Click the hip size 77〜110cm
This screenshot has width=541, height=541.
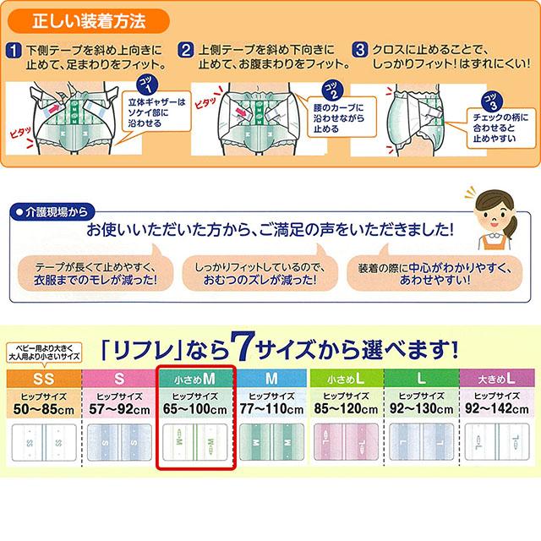(272, 408)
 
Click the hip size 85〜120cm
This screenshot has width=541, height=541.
(346, 408)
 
